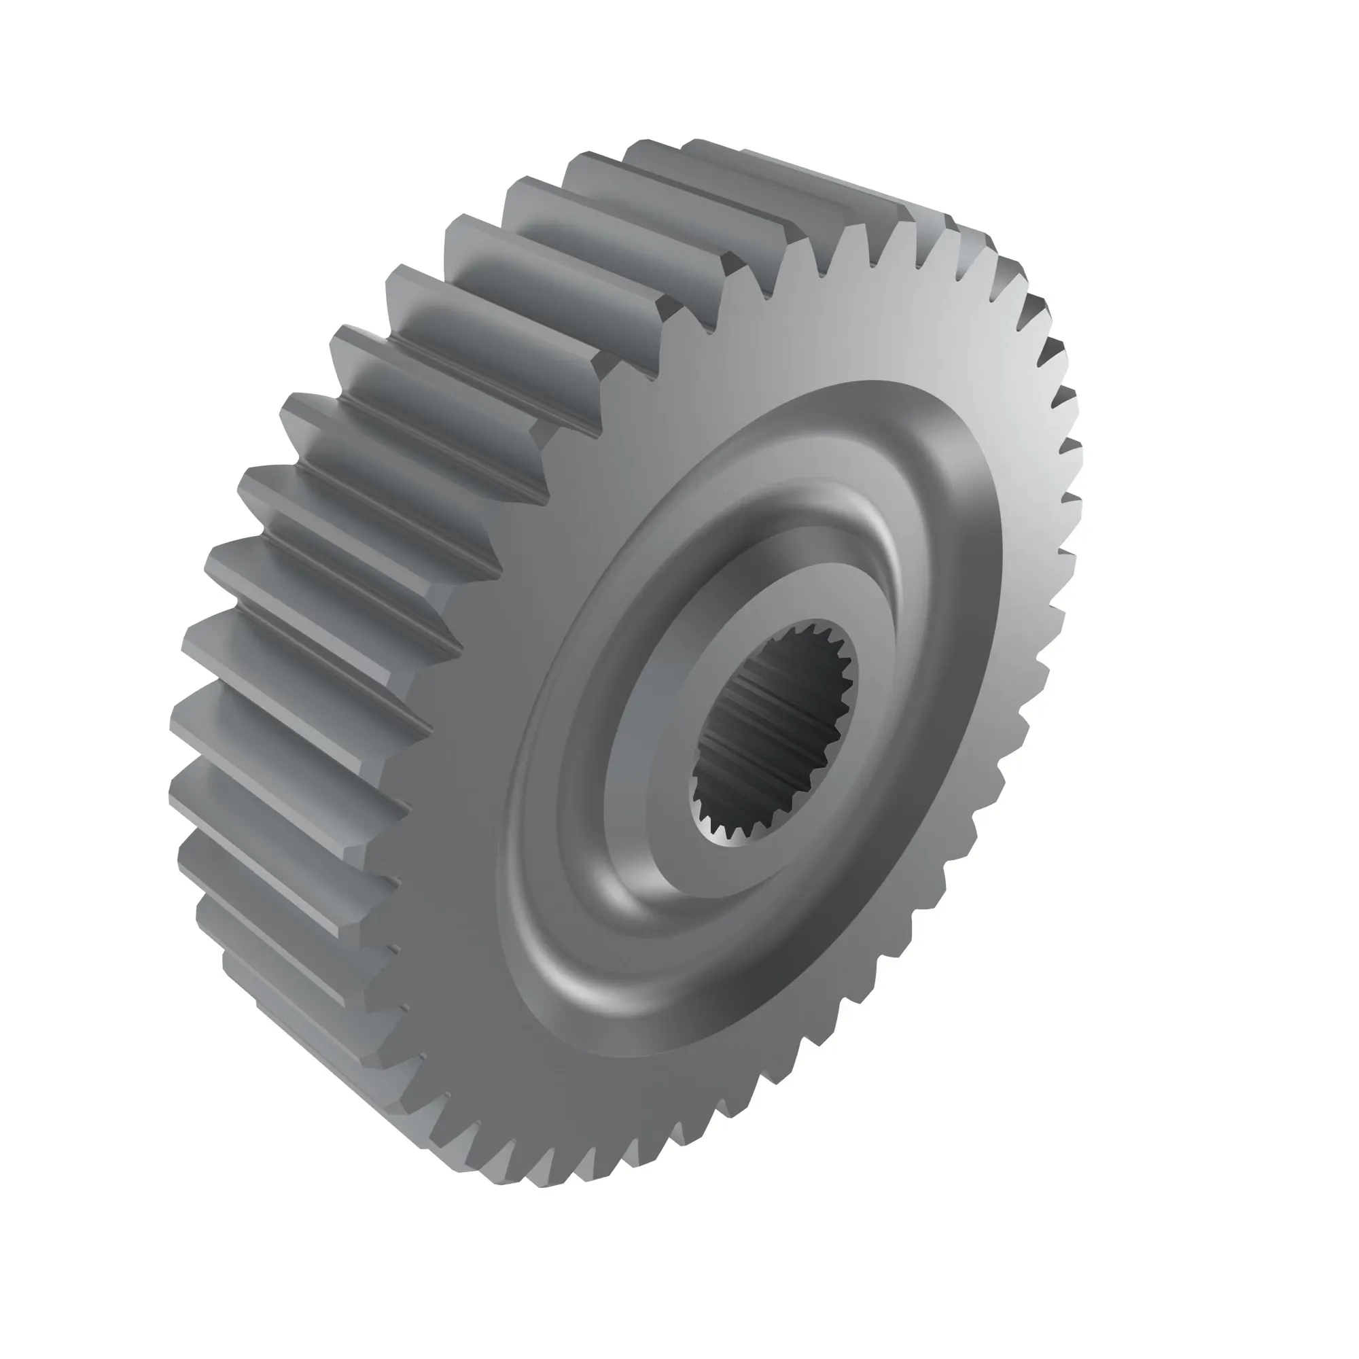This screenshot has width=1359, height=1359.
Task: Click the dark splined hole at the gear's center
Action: pyautogui.click(x=774, y=732)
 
